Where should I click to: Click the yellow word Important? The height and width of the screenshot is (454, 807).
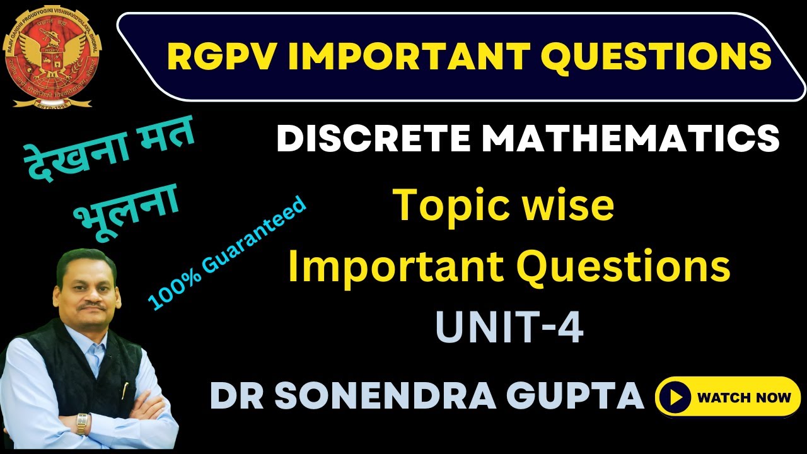[397, 267]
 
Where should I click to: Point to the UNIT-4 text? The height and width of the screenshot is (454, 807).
[509, 328]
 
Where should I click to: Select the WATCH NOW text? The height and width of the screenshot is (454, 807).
[743, 397]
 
